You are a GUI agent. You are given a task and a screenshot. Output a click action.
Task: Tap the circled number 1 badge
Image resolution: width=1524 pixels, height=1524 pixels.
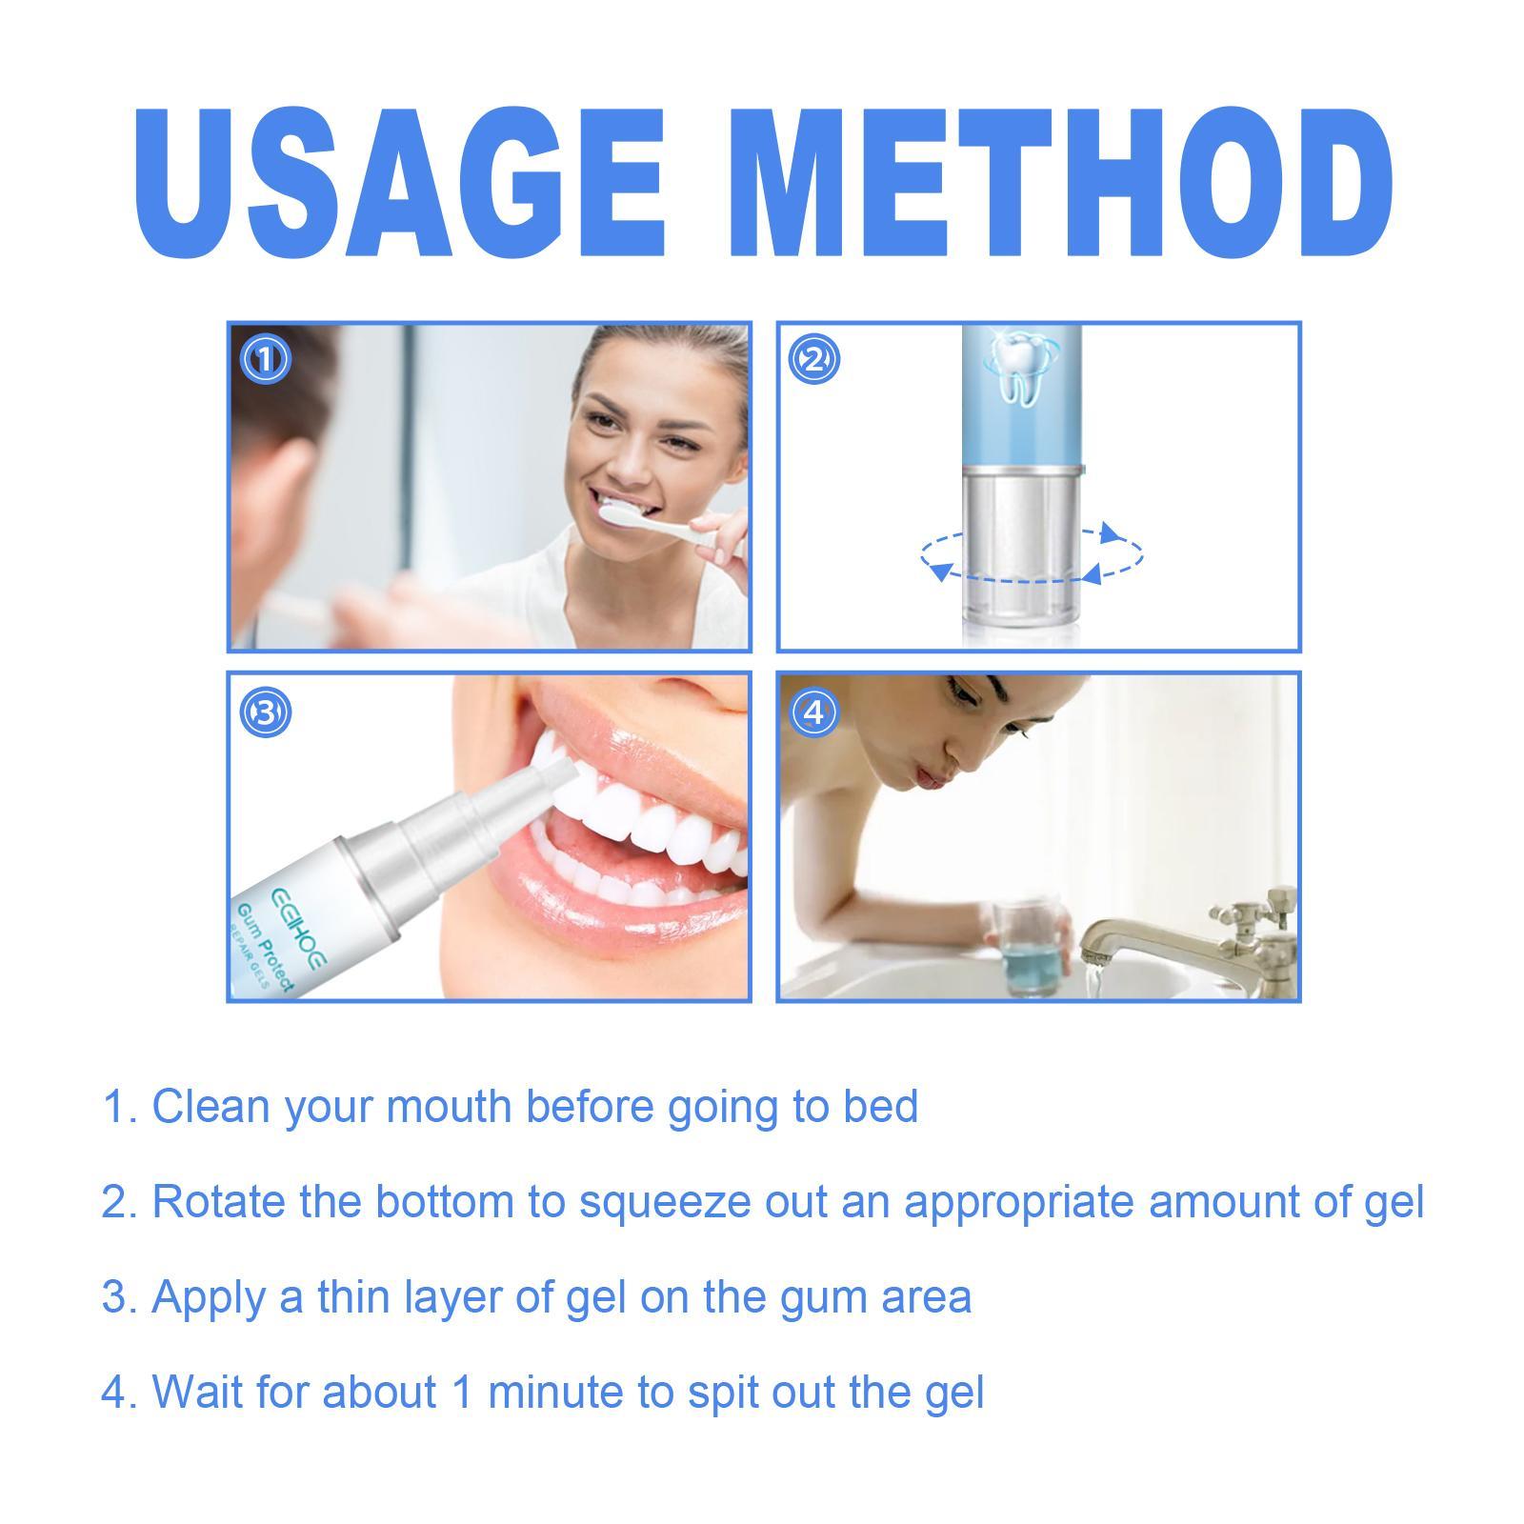tap(265, 360)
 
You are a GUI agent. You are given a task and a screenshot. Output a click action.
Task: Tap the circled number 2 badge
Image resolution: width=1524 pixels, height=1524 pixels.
tap(814, 360)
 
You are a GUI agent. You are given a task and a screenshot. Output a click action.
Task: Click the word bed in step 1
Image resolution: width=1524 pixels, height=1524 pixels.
tap(881, 1107)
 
